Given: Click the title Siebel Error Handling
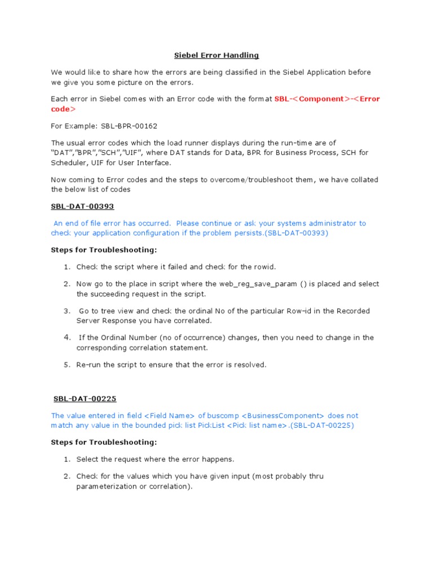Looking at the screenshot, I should click(215, 55).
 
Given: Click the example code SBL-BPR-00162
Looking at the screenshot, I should click(125, 126).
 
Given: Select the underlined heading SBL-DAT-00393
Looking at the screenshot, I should click(82, 207).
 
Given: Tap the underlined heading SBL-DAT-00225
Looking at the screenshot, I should click(85, 399).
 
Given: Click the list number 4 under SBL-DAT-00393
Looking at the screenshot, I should click(67, 337).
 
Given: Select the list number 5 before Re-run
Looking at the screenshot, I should click(67, 365).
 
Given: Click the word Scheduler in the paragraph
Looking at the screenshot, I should click(70, 163).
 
